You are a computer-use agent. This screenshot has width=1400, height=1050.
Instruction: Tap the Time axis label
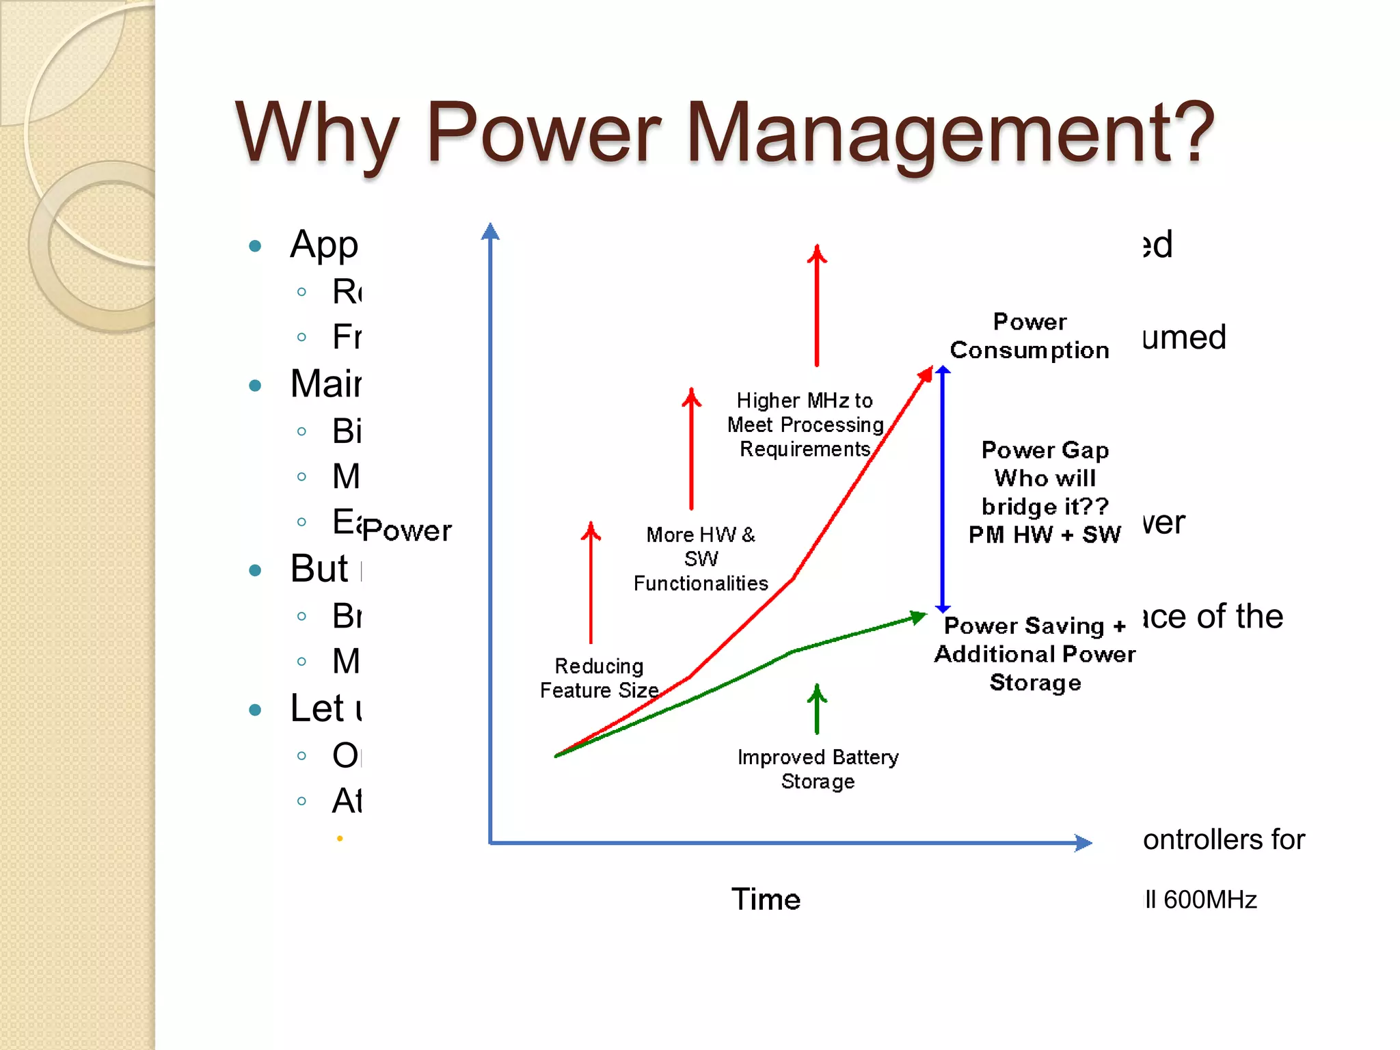tap(766, 899)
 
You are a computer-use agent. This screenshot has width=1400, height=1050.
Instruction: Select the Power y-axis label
tap(407, 530)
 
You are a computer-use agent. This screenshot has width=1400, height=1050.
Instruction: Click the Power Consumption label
tap(1029, 336)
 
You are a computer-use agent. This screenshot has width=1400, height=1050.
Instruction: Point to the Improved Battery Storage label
tap(818, 769)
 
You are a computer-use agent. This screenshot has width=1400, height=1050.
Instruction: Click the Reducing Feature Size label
tap(599, 678)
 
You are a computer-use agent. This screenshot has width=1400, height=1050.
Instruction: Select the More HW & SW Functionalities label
tap(701, 558)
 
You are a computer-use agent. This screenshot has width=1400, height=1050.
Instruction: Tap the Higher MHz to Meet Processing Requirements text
tap(805, 425)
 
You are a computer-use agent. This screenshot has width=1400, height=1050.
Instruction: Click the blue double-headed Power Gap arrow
tap(943, 489)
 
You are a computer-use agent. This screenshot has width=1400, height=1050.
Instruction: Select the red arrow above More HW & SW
tap(691, 448)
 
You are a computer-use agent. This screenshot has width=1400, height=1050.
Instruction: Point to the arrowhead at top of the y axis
tap(490, 232)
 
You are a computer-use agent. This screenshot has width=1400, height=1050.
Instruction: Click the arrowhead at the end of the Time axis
tap(1083, 842)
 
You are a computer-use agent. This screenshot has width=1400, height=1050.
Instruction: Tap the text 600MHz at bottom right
tap(1210, 900)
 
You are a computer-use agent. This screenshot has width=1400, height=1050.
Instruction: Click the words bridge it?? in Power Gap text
tap(1045, 507)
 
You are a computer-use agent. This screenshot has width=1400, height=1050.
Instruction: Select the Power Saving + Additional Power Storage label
tap(1035, 654)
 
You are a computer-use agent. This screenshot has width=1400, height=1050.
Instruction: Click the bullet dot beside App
tap(255, 246)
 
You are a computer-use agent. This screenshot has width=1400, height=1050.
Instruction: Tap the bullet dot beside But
tap(255, 570)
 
